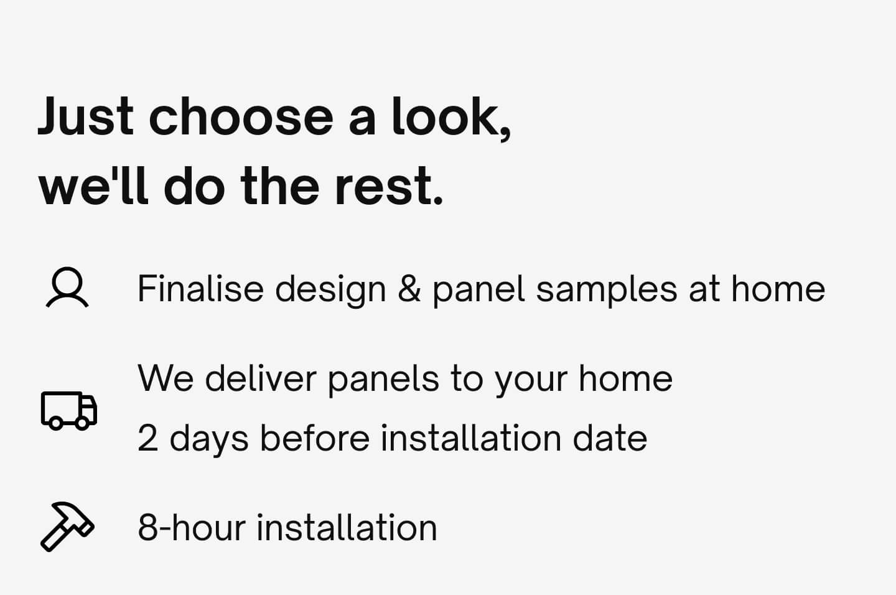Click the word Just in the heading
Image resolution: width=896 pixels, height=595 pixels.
[x=86, y=116]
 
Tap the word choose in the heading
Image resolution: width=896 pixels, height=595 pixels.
[x=241, y=116]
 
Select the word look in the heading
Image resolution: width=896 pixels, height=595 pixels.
[x=446, y=116]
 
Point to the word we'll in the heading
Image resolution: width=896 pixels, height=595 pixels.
[x=93, y=186]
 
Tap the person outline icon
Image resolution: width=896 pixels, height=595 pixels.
[x=67, y=288]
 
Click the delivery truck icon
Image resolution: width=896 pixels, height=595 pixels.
[x=69, y=410]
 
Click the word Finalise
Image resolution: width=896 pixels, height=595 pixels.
[x=200, y=289]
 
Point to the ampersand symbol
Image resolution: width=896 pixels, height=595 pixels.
[x=409, y=289]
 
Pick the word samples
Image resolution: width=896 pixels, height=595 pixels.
[x=607, y=289]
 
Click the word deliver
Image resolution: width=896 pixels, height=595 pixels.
[x=260, y=378]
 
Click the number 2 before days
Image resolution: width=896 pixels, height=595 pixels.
[x=147, y=438]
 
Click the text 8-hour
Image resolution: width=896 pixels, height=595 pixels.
[x=192, y=527]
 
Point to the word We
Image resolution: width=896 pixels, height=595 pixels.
[x=166, y=378]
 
